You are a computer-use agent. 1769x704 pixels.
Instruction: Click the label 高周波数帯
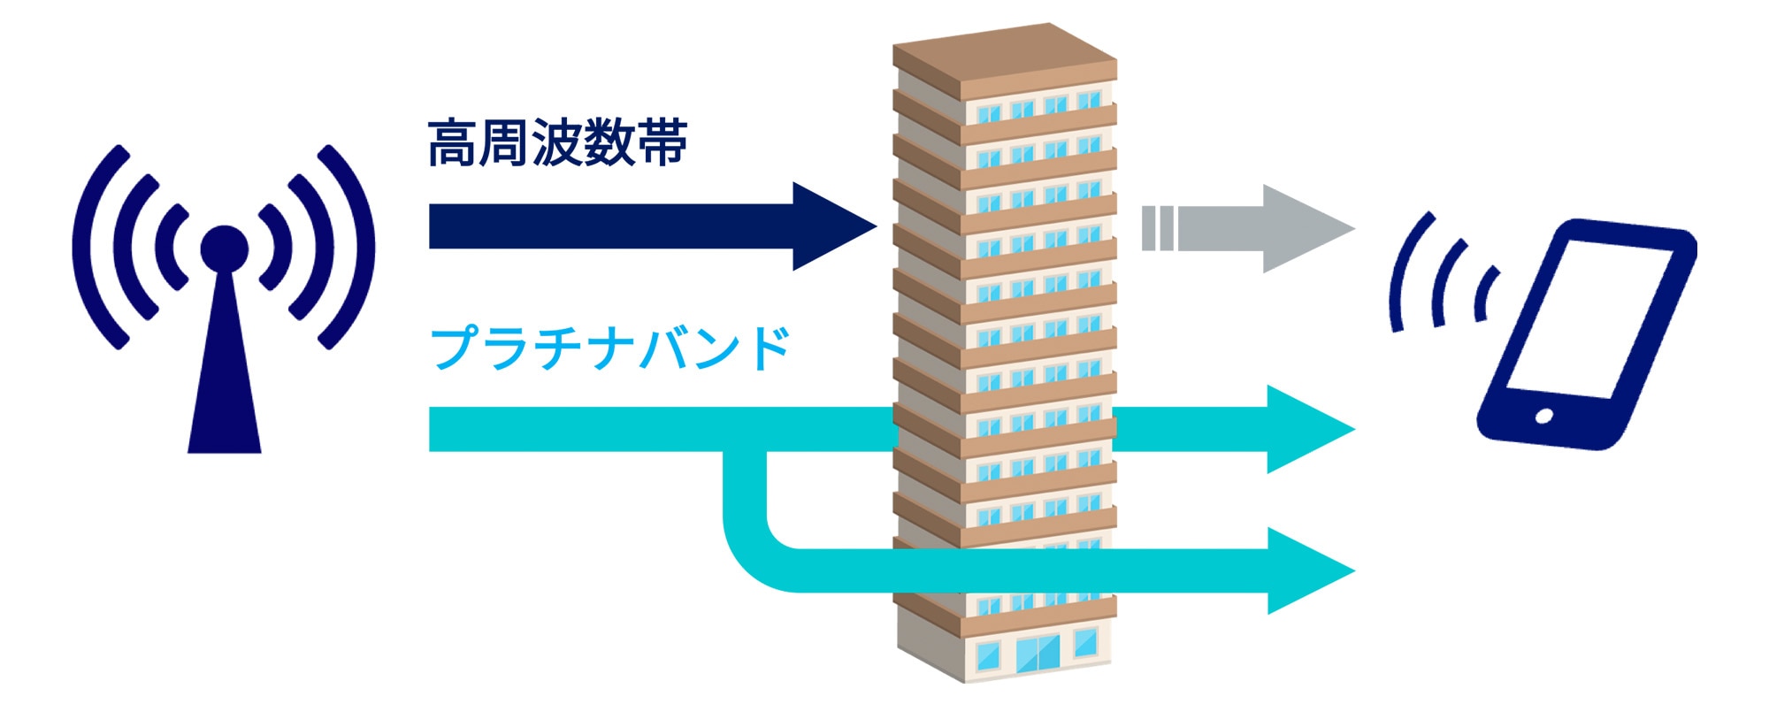557,143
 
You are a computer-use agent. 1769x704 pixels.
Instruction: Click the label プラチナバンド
609,348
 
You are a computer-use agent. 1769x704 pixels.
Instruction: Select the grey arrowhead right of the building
1306,228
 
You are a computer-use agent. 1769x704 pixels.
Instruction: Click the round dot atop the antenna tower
224,249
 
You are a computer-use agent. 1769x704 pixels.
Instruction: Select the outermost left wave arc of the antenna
88,248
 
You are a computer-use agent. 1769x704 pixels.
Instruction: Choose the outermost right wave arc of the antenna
359,248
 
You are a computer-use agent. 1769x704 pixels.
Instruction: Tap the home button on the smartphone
1544,416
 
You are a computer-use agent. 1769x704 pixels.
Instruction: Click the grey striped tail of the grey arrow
1158,228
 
